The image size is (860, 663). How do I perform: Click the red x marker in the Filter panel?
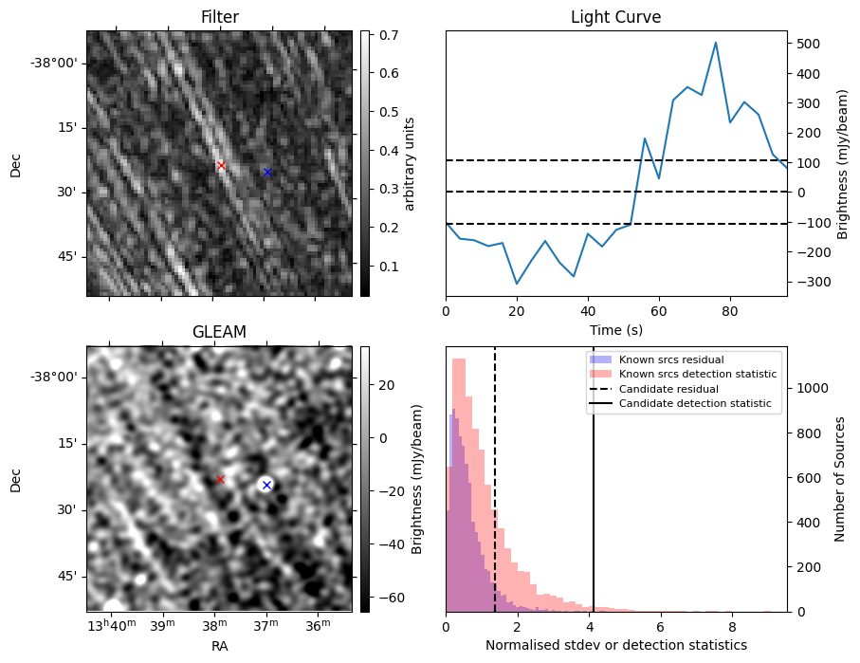[221, 166]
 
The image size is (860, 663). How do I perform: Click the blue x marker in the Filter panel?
[267, 172]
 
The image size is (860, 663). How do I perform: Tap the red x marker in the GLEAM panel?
[220, 480]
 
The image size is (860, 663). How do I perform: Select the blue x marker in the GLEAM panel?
[266, 485]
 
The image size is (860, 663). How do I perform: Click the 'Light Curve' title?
[615, 17]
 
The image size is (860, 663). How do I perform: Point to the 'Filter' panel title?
[219, 17]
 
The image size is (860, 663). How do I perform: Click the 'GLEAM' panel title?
[219, 332]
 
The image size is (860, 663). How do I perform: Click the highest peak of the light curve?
[716, 43]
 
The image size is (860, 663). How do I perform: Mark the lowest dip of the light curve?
[517, 284]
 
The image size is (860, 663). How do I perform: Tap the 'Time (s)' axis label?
[615, 329]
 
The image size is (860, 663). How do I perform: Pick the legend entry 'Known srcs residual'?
[671, 359]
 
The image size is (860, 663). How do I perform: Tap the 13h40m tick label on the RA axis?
[111, 623]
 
